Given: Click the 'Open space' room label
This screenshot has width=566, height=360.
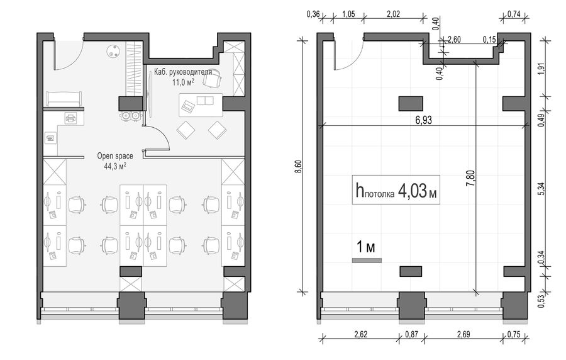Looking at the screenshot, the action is [x=115, y=156].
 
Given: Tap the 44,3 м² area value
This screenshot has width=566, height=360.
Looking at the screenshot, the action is [x=115, y=166].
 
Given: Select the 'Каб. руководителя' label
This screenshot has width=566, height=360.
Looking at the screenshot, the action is [x=183, y=72].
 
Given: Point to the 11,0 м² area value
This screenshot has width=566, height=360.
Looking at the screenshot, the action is [x=183, y=82].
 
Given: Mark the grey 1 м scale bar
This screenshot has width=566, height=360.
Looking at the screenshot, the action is [x=367, y=261].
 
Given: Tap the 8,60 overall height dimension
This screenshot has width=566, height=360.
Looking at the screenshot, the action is [x=298, y=166].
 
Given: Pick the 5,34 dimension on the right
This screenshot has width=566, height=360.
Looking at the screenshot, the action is [x=541, y=188].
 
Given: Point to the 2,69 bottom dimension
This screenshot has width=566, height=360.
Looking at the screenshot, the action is [x=463, y=334].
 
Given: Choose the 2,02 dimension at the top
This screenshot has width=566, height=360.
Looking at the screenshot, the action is [x=393, y=15].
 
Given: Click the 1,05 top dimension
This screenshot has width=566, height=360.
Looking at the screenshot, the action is [x=348, y=14].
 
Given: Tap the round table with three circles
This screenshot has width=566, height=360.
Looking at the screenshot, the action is [x=113, y=51].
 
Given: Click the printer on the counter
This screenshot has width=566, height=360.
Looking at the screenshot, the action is [x=71, y=118].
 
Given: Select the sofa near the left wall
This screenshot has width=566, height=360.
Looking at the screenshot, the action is [x=64, y=99].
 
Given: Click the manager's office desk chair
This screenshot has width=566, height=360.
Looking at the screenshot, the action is [x=211, y=77].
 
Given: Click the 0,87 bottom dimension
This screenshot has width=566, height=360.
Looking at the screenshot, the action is [x=411, y=334].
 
